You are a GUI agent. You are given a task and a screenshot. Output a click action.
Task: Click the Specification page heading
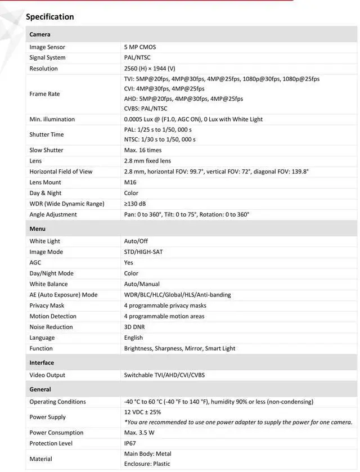pos(50,17)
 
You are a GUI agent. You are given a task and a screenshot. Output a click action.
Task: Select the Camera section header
pos(40,34)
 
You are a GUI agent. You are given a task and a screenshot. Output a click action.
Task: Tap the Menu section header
pos(38,228)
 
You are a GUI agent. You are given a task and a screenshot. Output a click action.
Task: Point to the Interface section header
pos(42,363)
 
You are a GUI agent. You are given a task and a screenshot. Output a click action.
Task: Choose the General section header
pos(40,389)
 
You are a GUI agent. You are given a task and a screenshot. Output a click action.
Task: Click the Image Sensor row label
pos(47,47)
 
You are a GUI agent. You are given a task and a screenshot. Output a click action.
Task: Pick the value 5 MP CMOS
pos(140,47)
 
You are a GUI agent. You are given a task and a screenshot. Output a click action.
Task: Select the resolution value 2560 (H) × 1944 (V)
pos(150,69)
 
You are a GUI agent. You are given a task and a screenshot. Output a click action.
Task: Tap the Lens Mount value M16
pos(130,182)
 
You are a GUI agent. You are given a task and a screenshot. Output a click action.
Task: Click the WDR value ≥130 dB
pos(135,204)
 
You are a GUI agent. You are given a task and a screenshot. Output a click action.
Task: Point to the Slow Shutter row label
pos(46,150)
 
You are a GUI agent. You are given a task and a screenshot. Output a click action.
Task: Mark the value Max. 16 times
pos(143,150)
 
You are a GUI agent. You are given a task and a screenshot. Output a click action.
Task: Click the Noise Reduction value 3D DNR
pos(134,327)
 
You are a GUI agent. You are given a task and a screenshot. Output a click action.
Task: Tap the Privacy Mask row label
pos(47,305)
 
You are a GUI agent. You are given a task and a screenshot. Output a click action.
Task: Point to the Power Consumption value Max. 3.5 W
pos(139,433)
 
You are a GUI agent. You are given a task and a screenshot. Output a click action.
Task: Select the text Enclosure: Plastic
pos(147,464)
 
